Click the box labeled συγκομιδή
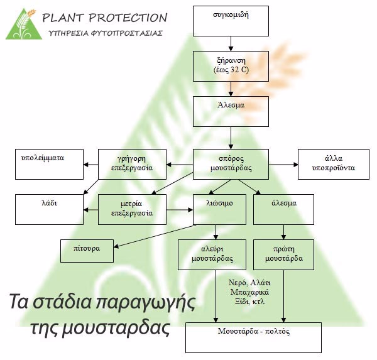click(x=231, y=21)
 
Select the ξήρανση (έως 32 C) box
click(x=231, y=66)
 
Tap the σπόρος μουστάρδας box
click(x=231, y=164)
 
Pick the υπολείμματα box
click(x=49, y=164)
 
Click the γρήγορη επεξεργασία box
click(x=132, y=164)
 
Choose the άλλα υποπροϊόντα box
click(x=334, y=164)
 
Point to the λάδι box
click(x=49, y=210)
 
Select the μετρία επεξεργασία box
click(x=132, y=210)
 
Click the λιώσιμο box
click(x=219, y=210)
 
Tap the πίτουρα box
click(x=87, y=251)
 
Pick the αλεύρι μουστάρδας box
click(x=212, y=254)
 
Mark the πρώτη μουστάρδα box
click(x=284, y=254)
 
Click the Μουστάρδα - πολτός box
click(x=253, y=337)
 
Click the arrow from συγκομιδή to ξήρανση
click(x=231, y=43)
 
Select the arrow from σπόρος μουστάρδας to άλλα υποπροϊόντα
click(x=283, y=165)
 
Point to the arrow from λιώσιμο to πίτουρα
click(x=155, y=236)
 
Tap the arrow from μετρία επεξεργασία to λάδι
click(x=91, y=210)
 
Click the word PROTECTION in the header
click(x=128, y=18)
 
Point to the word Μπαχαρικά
click(x=249, y=292)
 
